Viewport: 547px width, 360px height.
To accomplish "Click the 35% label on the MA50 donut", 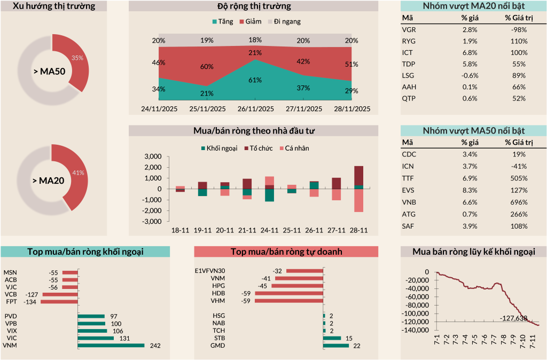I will (x=77, y=58).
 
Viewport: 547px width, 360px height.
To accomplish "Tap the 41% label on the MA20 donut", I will (x=78, y=173).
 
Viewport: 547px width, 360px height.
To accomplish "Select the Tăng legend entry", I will (x=222, y=22).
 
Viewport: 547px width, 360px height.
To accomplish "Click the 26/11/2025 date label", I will (x=255, y=108).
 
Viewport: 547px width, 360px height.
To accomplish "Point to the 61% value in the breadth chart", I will (x=255, y=80).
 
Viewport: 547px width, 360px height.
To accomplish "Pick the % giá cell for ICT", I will (x=470, y=53).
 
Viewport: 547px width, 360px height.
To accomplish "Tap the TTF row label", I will (x=408, y=178).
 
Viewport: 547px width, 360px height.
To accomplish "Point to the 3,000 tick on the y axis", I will (x=153, y=156).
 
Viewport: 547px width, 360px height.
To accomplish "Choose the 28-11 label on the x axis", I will (x=358, y=230).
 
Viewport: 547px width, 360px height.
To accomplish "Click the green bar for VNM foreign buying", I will (x=111, y=346).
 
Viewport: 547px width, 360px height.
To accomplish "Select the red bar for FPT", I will (x=59, y=302).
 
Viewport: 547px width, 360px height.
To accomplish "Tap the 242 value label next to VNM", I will (x=154, y=346).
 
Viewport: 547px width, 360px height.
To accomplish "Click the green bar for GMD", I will (x=336, y=346).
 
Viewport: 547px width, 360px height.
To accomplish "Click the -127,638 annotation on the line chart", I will (x=513, y=318).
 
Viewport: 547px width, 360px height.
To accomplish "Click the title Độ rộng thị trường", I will (x=254, y=6).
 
